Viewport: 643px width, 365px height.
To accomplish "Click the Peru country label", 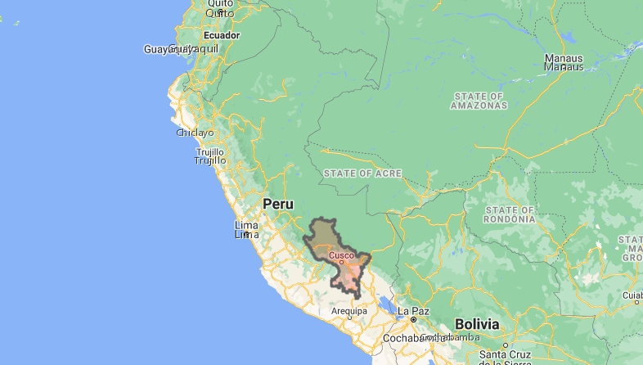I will coord(277,203).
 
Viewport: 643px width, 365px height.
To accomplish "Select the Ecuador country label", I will coord(221,36).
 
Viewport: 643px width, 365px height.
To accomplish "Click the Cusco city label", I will coord(341,255).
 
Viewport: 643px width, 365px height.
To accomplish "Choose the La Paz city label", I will coord(413,311).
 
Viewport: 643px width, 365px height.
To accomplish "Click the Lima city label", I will coord(246,230).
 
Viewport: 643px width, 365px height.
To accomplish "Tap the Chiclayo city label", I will coord(195,133).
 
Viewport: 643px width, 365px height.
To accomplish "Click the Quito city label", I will coord(220,9).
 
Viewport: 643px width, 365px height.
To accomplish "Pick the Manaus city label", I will coord(564,62).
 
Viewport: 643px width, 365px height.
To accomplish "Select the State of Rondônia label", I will coord(510,214).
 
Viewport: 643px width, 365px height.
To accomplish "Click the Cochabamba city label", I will coord(420,337).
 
